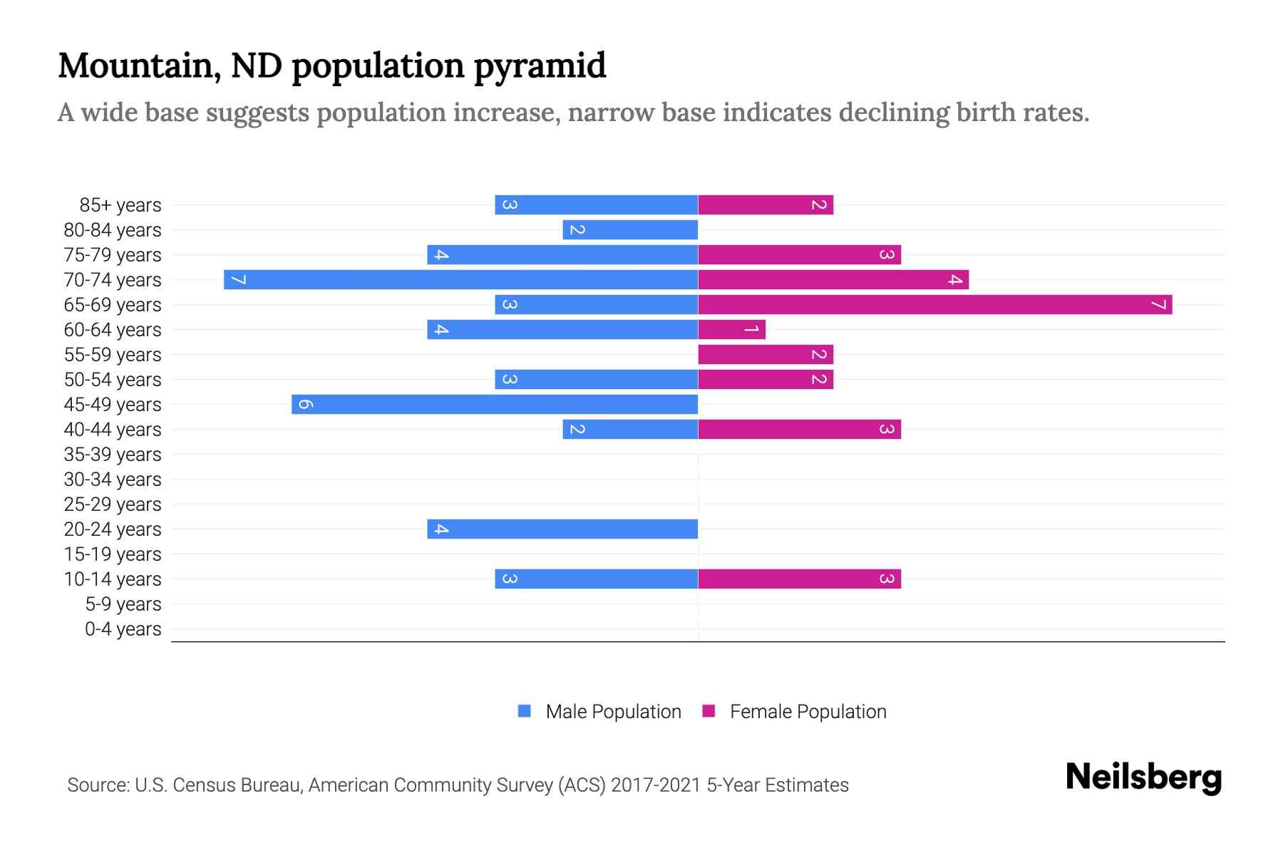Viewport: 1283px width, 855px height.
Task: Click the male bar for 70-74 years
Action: tap(460, 279)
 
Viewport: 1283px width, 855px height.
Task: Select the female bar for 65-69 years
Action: tap(935, 305)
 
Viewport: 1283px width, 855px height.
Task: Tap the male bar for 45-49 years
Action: tap(495, 404)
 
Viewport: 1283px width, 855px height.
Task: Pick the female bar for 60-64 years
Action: tap(731, 329)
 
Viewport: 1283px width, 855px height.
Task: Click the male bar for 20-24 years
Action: tap(562, 529)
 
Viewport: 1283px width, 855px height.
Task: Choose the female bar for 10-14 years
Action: tap(799, 579)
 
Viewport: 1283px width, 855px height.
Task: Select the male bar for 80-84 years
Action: tap(630, 229)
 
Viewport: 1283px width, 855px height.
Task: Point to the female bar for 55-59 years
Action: tap(766, 354)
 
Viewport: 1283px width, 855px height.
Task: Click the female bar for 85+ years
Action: tap(766, 205)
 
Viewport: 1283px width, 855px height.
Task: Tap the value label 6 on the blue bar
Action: tap(305, 404)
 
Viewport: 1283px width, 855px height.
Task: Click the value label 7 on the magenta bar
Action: tap(1159, 305)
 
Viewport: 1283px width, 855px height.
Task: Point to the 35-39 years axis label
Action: tap(113, 455)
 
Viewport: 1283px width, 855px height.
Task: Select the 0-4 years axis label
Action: tap(123, 629)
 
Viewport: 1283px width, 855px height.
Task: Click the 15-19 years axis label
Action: tap(113, 554)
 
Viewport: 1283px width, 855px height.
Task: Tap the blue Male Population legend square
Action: tap(525, 711)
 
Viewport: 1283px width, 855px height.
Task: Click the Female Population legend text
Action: tap(808, 711)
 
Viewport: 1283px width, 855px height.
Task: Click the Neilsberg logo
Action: tap(1143, 777)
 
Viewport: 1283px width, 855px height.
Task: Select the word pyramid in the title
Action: tap(540, 66)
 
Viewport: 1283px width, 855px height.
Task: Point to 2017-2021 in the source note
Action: tap(656, 785)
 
